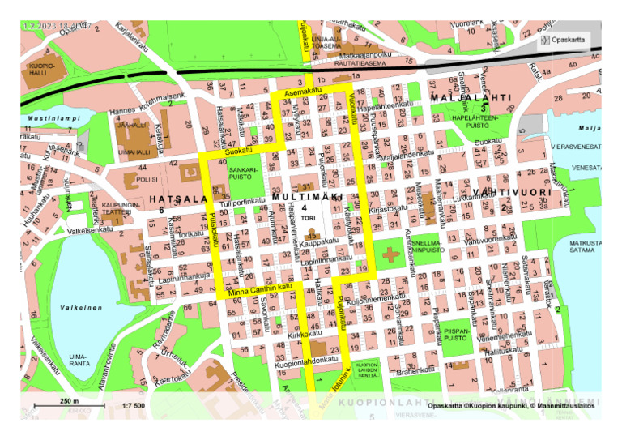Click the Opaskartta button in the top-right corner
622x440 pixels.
[x=564, y=39]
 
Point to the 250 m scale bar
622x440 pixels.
[x=69, y=404]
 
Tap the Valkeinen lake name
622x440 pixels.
[x=81, y=308]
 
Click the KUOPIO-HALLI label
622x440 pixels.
[x=41, y=68]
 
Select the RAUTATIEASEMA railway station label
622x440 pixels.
[x=349, y=62]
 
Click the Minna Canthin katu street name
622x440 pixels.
[x=259, y=289]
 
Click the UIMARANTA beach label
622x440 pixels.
[x=79, y=360]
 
